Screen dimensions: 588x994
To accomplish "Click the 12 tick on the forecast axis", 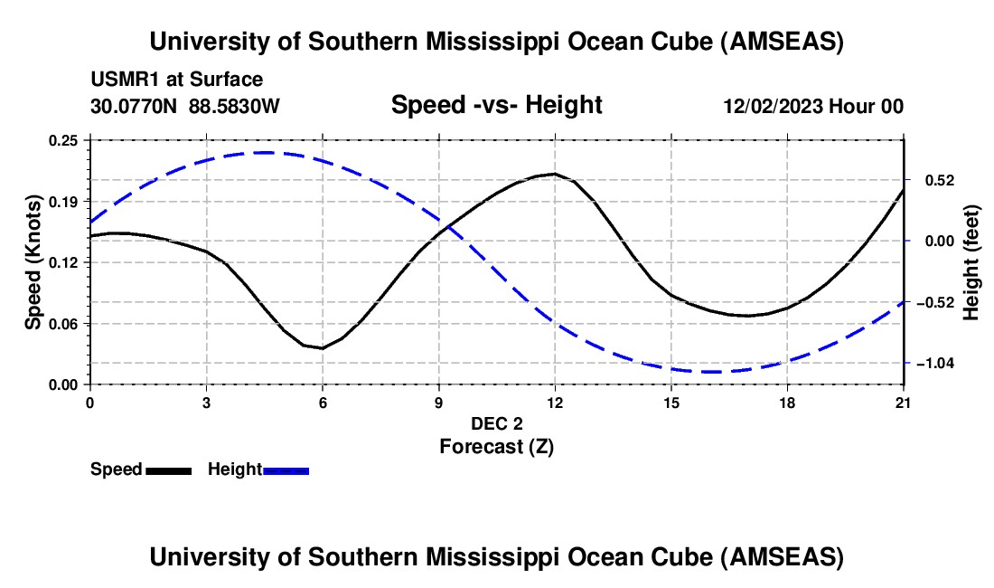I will (x=555, y=402).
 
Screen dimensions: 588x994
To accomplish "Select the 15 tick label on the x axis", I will (x=671, y=402).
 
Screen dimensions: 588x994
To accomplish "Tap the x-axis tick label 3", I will (x=206, y=402).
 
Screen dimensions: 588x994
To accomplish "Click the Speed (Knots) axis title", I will (x=33, y=262).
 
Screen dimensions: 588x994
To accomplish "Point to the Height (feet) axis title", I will (x=971, y=262).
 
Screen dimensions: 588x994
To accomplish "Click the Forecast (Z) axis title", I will (x=496, y=446).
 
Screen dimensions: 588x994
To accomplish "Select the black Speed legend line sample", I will (x=168, y=469).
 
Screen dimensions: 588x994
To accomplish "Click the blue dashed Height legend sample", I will (x=286, y=469).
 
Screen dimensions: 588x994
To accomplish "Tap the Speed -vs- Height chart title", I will (x=496, y=105).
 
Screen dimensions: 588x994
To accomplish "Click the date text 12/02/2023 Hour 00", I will (x=813, y=106).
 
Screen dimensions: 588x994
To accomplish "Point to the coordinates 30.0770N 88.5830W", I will (x=185, y=106).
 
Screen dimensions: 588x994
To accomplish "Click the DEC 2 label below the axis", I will (x=496, y=423).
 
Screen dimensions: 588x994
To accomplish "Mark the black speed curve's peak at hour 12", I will (x=554, y=174).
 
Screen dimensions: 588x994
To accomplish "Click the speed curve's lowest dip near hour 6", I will (x=322, y=347).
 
